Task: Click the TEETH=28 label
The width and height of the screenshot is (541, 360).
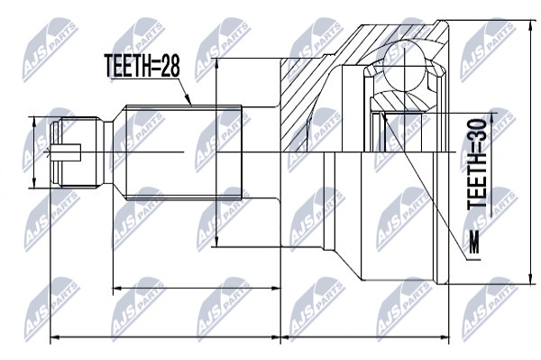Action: click(x=142, y=66)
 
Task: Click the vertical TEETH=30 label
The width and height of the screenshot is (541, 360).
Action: click(x=476, y=164)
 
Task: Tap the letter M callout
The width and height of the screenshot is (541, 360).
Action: click(x=475, y=242)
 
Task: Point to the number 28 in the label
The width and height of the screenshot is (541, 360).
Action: click(x=171, y=66)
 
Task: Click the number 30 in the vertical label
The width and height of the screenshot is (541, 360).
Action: click(x=476, y=130)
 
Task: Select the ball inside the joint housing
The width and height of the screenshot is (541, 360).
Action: click(x=404, y=67)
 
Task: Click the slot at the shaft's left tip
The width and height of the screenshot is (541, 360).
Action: click(x=66, y=152)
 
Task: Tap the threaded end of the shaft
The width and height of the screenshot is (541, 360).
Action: click(x=77, y=152)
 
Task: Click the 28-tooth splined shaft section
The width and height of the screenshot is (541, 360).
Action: click(x=184, y=152)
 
